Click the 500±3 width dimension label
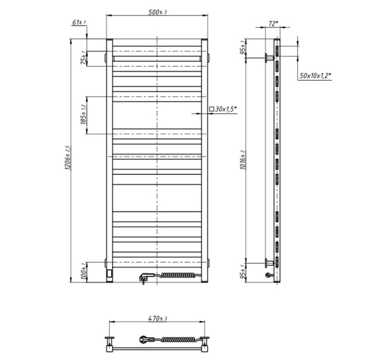tap(157, 12)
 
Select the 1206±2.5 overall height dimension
tap(68, 158)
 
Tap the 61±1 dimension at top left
tap(79, 22)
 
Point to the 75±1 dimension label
tap(84, 58)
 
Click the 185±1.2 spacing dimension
tap(84, 114)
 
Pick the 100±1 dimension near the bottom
tap(84, 272)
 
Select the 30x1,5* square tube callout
tap(223, 109)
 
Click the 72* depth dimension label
tap(273, 23)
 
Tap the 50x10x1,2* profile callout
tap(315, 76)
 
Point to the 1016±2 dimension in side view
tap(243, 160)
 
